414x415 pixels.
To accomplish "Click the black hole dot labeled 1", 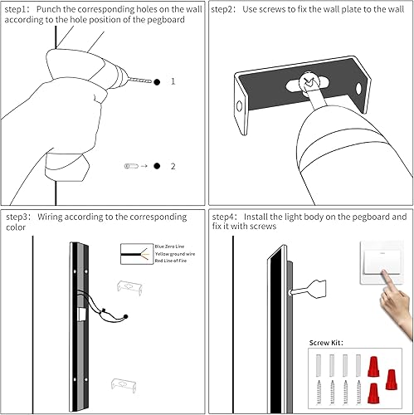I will click(x=155, y=81).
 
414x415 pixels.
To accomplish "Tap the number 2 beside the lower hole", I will click(x=173, y=166).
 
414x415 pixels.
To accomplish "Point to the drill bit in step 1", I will click(x=139, y=81).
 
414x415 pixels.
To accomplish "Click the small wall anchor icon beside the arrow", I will click(x=129, y=166).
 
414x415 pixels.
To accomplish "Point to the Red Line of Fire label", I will click(x=170, y=261).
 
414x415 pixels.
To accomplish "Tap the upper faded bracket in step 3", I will click(x=128, y=286).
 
